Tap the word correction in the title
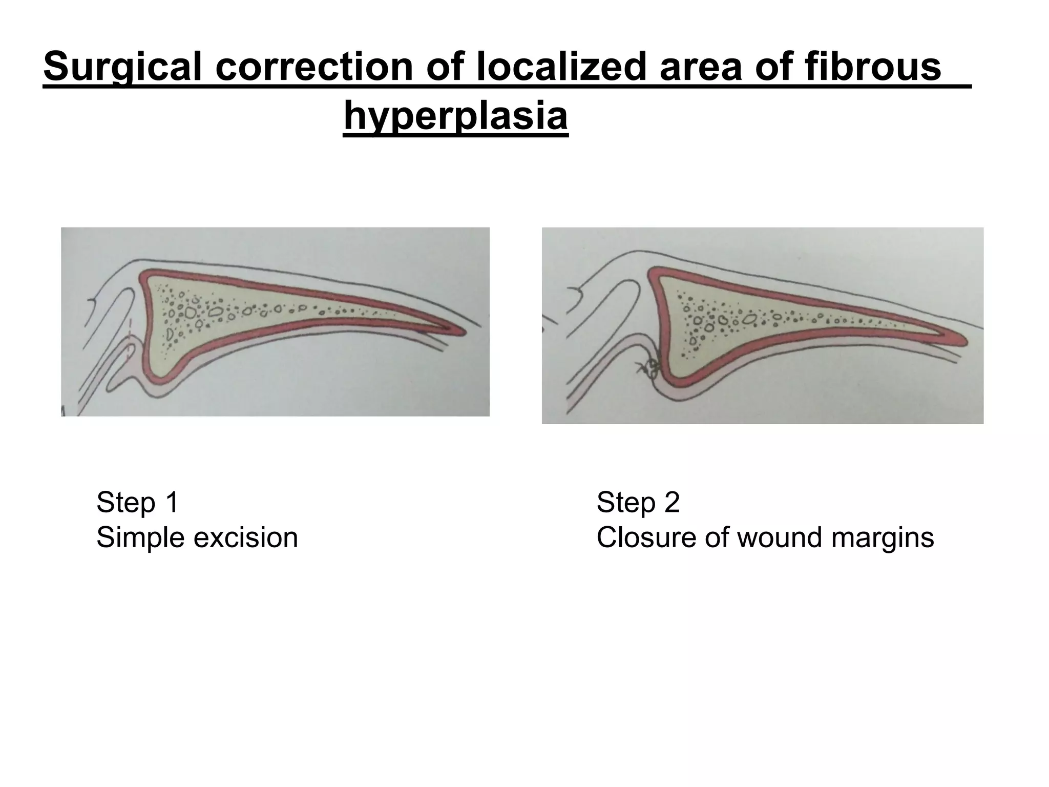(314, 68)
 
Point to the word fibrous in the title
(873, 68)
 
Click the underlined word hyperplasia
(455, 117)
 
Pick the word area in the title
(701, 68)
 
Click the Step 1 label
(137, 502)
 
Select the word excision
(245, 538)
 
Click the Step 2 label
(638, 502)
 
